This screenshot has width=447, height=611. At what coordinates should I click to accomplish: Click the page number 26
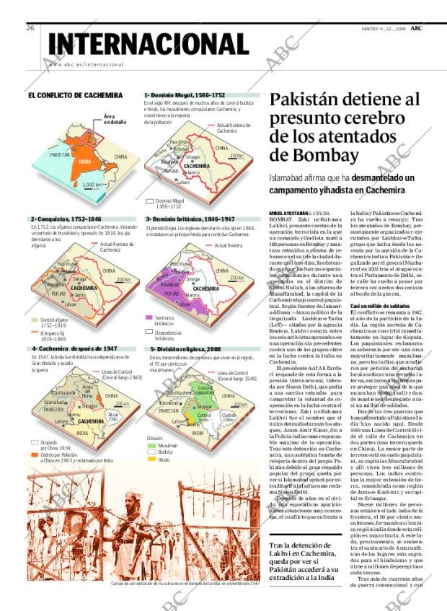30,28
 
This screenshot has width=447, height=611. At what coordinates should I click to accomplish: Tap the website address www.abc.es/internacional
87,65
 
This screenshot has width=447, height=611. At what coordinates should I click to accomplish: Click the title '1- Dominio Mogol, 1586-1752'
185,95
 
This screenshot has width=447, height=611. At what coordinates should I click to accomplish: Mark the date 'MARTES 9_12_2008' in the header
385,29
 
